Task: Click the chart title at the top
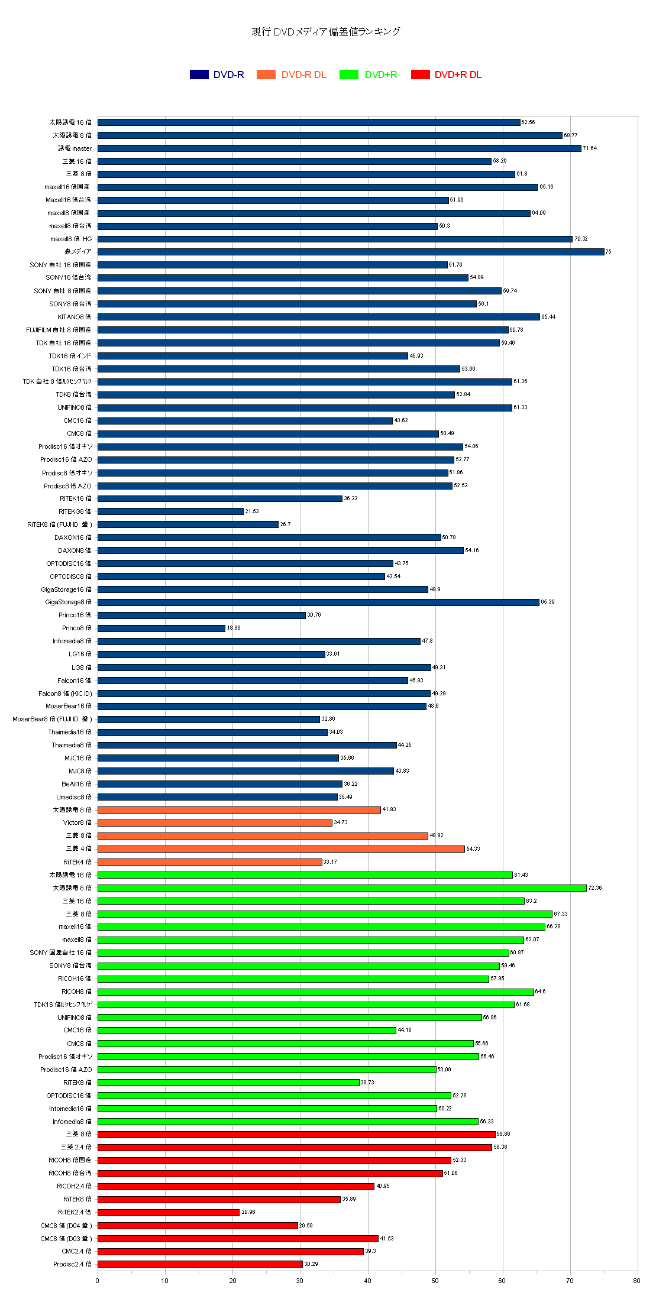[326, 32]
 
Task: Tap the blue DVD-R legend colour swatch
[199, 74]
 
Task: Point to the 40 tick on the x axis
[368, 1281]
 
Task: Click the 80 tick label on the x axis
[636, 1281]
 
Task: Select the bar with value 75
[351, 252]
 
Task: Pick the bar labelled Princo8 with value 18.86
[161, 628]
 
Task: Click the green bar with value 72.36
[342, 887]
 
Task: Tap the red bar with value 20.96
[169, 1212]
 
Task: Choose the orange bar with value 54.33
[281, 848]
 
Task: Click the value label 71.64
[590, 148]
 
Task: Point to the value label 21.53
[252, 511]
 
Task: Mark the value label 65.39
[547, 602]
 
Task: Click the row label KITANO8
[75, 317]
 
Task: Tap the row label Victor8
[77, 822]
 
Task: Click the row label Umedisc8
[74, 797]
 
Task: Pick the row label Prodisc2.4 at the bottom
[72, 1264]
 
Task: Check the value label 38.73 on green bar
[367, 1082]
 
